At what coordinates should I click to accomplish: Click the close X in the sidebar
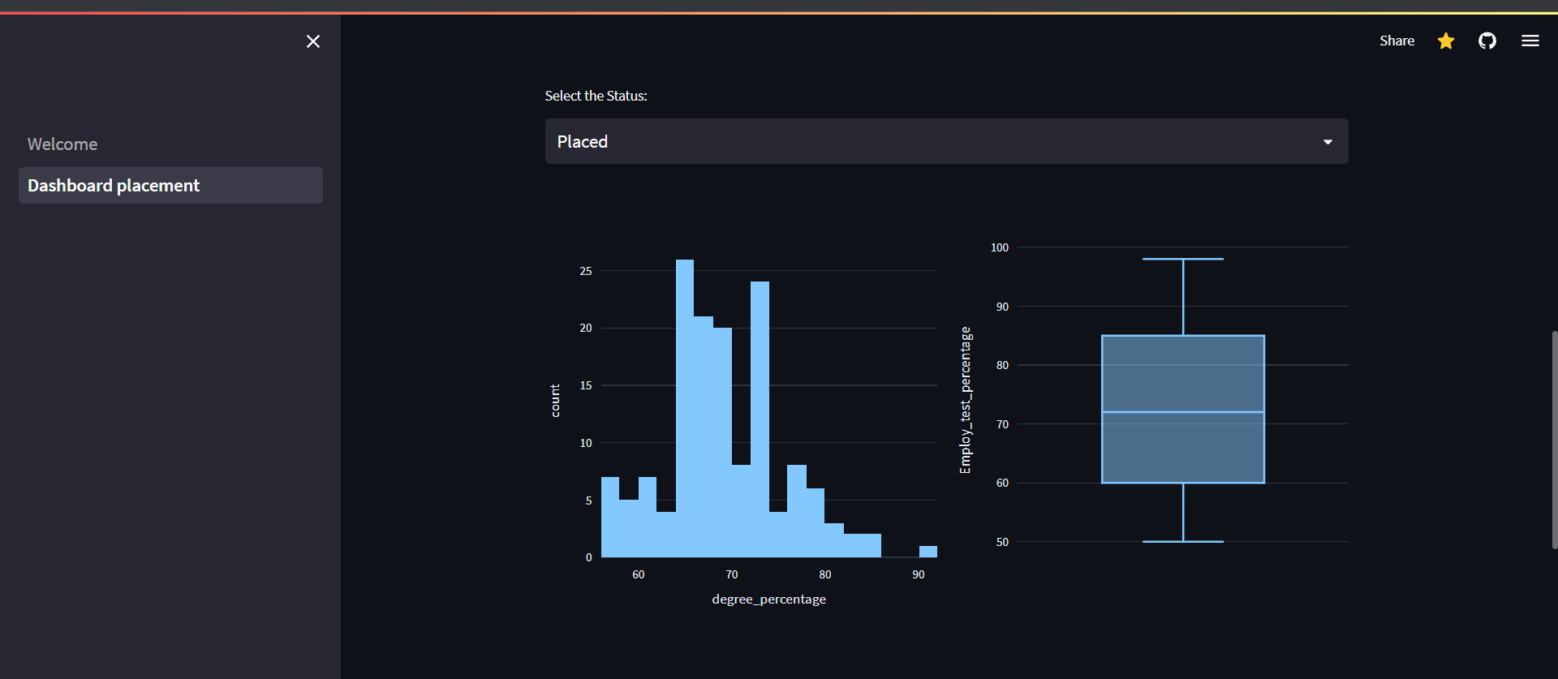coord(313,41)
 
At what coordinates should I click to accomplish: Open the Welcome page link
coord(62,144)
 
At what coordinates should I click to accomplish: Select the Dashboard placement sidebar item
coord(114,186)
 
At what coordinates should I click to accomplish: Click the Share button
coord(1397,41)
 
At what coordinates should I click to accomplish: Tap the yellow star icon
coord(1446,41)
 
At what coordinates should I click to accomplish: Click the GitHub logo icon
coord(1487,41)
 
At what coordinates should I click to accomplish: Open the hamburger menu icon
coord(1530,41)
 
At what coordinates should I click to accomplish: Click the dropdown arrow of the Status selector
coord(1328,142)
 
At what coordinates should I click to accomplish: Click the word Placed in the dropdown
coord(583,142)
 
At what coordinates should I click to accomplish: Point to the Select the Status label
coord(596,96)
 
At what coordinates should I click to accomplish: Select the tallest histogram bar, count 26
coord(685,406)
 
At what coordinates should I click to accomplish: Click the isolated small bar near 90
coord(927,552)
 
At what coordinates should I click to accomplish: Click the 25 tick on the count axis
coord(586,271)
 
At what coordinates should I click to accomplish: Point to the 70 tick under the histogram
coord(732,574)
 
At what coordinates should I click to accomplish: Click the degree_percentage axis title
coord(768,599)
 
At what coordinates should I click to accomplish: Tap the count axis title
coord(555,401)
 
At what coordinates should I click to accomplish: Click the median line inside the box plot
coord(1183,412)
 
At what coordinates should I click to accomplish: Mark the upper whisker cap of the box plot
coord(1183,259)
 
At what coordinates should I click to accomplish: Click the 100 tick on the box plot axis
coord(1000,247)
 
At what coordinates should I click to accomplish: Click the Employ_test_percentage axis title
coord(965,400)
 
